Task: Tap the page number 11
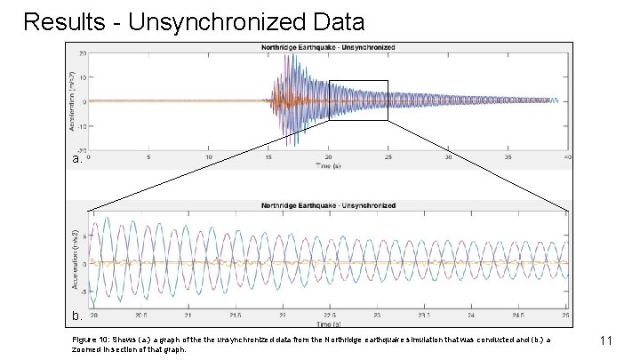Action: [x=608, y=340]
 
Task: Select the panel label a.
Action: [x=77, y=160]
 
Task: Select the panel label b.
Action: [x=77, y=316]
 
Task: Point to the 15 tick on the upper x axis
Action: [x=269, y=156]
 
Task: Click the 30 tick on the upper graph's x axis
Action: [x=449, y=156]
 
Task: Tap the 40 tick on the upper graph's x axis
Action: [x=568, y=156]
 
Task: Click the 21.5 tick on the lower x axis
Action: [x=234, y=316]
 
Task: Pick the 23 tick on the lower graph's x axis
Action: [x=377, y=316]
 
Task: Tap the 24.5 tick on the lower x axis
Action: [x=519, y=316]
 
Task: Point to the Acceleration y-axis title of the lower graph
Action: [x=77, y=259]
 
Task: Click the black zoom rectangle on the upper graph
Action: [x=358, y=82]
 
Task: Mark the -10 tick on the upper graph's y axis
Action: [x=81, y=125]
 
